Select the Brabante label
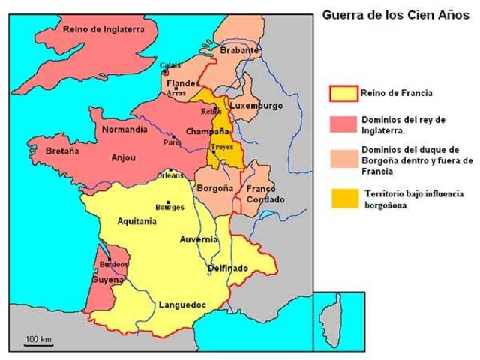(x=239, y=51)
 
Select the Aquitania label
(x=136, y=222)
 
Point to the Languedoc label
(x=182, y=304)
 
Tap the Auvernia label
(x=199, y=239)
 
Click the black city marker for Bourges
(x=169, y=202)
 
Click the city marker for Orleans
(x=172, y=171)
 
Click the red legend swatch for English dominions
(x=343, y=122)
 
